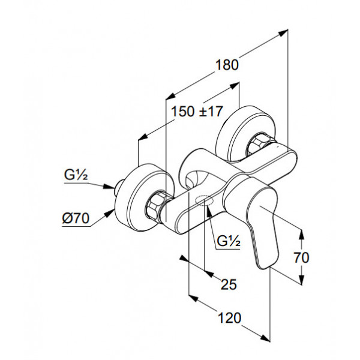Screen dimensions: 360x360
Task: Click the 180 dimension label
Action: click(x=227, y=65)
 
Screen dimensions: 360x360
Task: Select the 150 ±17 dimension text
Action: click(x=197, y=112)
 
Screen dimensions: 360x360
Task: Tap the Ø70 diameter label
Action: click(x=76, y=218)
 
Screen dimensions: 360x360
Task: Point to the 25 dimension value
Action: click(x=229, y=284)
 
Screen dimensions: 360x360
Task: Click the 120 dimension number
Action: click(x=229, y=318)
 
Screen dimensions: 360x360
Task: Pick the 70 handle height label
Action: click(x=302, y=257)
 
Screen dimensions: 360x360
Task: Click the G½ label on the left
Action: click(x=76, y=176)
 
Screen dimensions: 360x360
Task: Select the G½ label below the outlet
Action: click(x=229, y=241)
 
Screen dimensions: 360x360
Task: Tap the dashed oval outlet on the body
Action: click(x=204, y=200)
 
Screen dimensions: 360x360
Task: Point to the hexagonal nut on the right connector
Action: click(x=257, y=145)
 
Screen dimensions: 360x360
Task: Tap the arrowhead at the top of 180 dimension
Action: click(x=283, y=32)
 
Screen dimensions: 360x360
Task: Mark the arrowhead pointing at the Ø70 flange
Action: click(x=109, y=212)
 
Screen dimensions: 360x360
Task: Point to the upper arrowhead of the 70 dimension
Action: click(x=301, y=235)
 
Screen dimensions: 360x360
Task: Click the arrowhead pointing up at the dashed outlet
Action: click(x=208, y=211)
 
